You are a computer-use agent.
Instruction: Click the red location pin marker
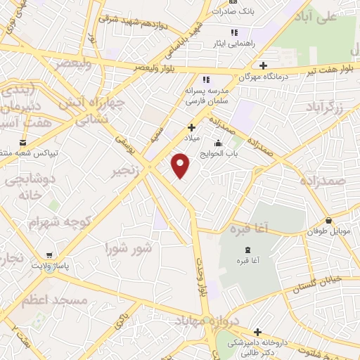181,166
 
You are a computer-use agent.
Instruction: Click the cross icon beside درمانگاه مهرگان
262,65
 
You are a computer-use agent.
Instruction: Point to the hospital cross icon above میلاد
191,127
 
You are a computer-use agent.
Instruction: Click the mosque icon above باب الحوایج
219,144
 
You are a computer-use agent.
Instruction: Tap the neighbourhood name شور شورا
128,247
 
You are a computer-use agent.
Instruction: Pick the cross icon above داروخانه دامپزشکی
258,332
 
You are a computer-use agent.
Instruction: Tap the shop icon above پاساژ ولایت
49,256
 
